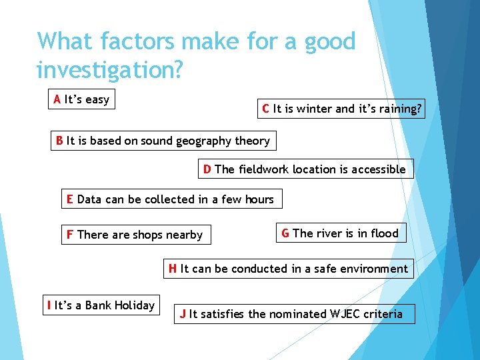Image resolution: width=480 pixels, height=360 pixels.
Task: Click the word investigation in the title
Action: click(x=109, y=69)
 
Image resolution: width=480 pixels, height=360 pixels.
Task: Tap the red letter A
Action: click(x=57, y=100)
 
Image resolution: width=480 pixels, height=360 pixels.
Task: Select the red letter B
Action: click(x=60, y=141)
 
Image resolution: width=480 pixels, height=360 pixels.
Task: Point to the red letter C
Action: click(x=266, y=109)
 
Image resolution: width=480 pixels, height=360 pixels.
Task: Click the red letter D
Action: click(x=207, y=169)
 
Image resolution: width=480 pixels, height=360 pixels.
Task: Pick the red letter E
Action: click(x=69, y=199)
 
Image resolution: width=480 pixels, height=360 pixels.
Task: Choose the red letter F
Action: click(x=69, y=235)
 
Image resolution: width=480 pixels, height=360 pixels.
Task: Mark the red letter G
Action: click(x=285, y=233)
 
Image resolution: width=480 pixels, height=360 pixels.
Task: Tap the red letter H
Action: click(x=173, y=269)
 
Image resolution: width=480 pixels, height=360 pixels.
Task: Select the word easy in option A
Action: click(x=97, y=100)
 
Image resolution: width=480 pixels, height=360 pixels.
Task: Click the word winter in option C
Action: click(x=315, y=109)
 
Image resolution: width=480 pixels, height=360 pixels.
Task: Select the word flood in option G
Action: click(x=385, y=233)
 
